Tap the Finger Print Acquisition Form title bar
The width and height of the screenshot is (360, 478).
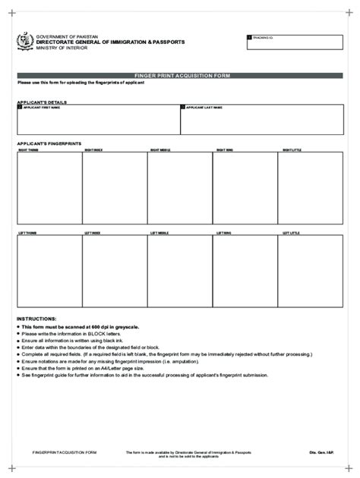[x=180, y=76]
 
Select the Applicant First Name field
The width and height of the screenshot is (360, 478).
[x=97, y=119]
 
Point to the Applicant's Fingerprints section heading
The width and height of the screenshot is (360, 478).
[x=50, y=143]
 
